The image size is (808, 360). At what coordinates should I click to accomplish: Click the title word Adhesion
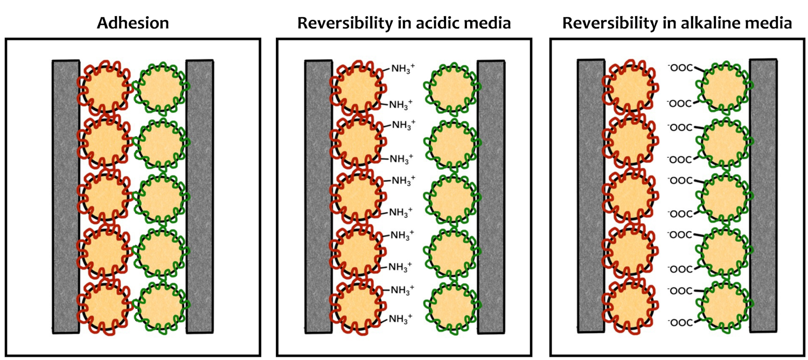pyautogui.click(x=133, y=23)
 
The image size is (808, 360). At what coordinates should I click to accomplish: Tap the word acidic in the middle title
pyautogui.click(x=436, y=23)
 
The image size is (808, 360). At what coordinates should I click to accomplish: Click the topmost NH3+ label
pyautogui.click(x=403, y=68)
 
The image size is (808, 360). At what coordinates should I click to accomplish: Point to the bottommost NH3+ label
pyautogui.click(x=400, y=319)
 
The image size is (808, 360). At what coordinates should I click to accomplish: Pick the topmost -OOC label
pyautogui.click(x=680, y=67)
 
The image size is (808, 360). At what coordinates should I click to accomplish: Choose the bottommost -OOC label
pyautogui.click(x=680, y=322)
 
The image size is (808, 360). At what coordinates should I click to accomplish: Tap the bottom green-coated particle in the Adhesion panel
pyautogui.click(x=161, y=307)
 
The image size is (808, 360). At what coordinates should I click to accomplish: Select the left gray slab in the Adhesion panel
pyautogui.click(x=66, y=197)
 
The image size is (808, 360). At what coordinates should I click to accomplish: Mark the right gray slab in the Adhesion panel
pyautogui.click(x=199, y=197)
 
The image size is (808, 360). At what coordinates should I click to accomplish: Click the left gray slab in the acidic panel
pyautogui.click(x=318, y=197)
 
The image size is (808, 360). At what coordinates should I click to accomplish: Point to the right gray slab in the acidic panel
pyautogui.click(x=491, y=197)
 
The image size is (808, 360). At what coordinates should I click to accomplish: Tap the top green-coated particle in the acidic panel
pyautogui.click(x=452, y=88)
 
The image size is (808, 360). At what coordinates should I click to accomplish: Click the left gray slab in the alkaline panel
pyautogui.click(x=591, y=196)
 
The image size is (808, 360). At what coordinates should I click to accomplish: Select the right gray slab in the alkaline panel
pyautogui.click(x=763, y=196)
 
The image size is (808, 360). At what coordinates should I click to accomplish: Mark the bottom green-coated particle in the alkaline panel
pyautogui.click(x=725, y=306)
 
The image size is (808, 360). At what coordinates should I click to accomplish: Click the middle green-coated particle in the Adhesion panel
pyautogui.click(x=161, y=198)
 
